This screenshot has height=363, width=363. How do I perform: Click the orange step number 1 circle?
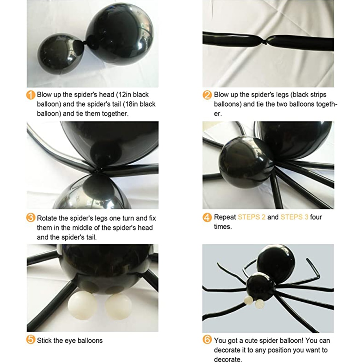click(31, 95)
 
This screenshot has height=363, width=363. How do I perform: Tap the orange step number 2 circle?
click(207, 95)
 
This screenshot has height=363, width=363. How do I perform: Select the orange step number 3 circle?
click(31, 218)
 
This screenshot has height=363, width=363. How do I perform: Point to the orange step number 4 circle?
click(207, 218)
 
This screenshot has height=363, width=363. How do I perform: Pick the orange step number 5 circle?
click(31, 340)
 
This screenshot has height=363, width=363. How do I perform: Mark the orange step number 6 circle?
click(207, 340)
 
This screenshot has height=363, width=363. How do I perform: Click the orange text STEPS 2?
click(252, 217)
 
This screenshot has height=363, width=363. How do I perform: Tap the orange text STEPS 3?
click(294, 217)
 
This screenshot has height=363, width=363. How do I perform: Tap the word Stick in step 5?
click(44, 340)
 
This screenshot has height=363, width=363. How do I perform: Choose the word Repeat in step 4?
click(225, 217)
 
